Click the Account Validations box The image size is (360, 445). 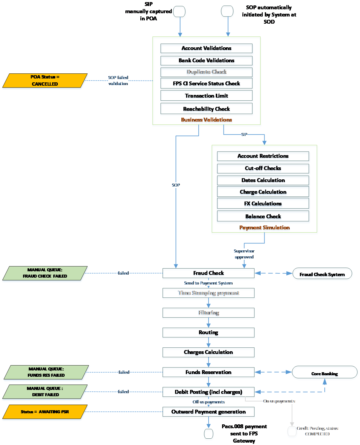206,49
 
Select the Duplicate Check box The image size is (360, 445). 206,72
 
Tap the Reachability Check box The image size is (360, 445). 206,110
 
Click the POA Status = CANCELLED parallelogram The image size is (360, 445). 45,81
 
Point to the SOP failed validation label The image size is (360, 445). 118,81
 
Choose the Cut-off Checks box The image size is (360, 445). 263,169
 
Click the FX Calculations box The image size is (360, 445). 263,204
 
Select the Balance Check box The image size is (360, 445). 263,217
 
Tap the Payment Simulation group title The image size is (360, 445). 265,228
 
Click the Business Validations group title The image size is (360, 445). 206,120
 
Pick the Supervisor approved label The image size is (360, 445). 244,254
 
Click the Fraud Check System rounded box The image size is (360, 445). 322,274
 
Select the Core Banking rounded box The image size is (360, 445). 325,374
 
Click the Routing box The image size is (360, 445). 209,333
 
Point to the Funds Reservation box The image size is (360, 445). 209,373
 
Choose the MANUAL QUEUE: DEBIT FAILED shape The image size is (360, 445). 45,392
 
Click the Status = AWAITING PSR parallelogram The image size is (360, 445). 45,412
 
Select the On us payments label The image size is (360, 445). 279,401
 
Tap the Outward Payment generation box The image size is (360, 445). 209,412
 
